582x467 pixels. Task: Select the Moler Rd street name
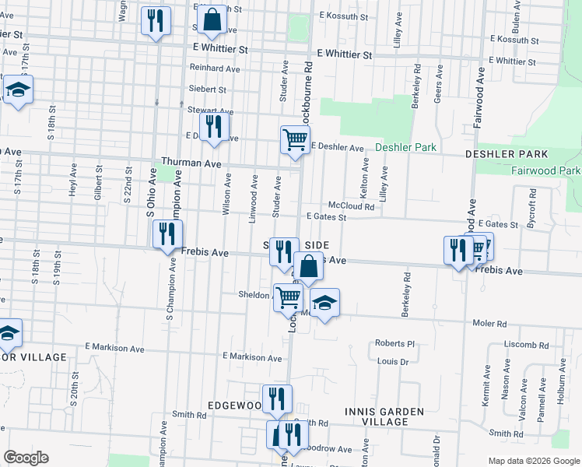pyautogui.click(x=490, y=323)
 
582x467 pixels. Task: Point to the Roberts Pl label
pyautogui.click(x=396, y=343)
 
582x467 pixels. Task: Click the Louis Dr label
pyautogui.click(x=392, y=361)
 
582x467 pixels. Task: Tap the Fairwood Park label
pyautogui.click(x=546, y=170)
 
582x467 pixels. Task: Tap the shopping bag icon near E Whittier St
pyautogui.click(x=212, y=19)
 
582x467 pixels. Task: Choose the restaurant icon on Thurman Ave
pyautogui.click(x=214, y=128)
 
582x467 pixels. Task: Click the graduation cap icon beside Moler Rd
pyautogui.click(x=325, y=303)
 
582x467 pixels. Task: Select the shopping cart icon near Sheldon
pyautogui.click(x=288, y=297)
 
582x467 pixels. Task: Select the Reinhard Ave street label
pyautogui.click(x=215, y=68)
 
